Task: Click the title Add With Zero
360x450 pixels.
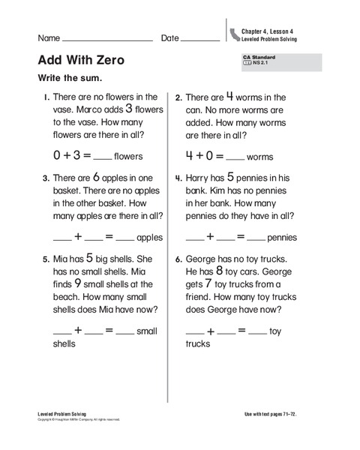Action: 80,60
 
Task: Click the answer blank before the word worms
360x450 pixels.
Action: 235,158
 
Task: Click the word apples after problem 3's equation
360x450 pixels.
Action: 150,238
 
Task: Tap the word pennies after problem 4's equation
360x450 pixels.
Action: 282,238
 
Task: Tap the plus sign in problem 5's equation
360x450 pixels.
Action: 78,330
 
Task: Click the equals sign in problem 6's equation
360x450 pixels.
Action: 241,330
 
